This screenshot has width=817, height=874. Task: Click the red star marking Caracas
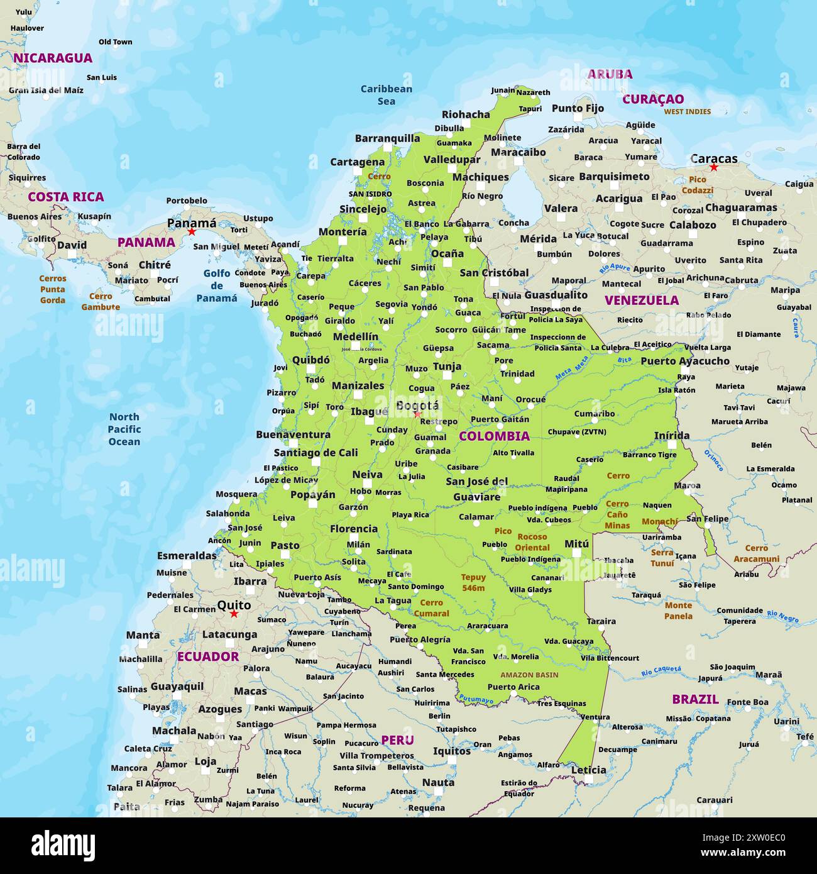[713, 167]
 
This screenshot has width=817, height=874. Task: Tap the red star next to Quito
[234, 614]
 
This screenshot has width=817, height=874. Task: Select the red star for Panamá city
[192, 232]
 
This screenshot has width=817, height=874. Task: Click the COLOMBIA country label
[494, 436]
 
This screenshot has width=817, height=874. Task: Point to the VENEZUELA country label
[641, 300]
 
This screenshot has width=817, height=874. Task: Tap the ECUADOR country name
[207, 656]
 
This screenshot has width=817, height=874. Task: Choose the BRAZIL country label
[695, 699]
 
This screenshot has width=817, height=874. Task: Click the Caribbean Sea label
[386, 95]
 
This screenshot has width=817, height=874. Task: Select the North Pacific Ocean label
[124, 429]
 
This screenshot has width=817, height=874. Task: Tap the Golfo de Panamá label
[217, 285]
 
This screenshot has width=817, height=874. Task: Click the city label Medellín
[355, 336]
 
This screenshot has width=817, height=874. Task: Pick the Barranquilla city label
[387, 138]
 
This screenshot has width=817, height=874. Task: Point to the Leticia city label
[588, 770]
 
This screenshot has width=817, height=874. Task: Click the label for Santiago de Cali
[315, 452]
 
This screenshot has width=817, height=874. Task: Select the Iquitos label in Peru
[451, 751]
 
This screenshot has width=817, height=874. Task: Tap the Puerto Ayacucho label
[684, 361]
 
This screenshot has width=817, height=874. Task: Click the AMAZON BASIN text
[529, 675]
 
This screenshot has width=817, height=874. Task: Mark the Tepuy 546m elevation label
[473, 582]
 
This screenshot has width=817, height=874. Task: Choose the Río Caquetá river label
[661, 671]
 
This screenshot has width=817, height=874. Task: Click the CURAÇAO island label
[653, 99]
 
